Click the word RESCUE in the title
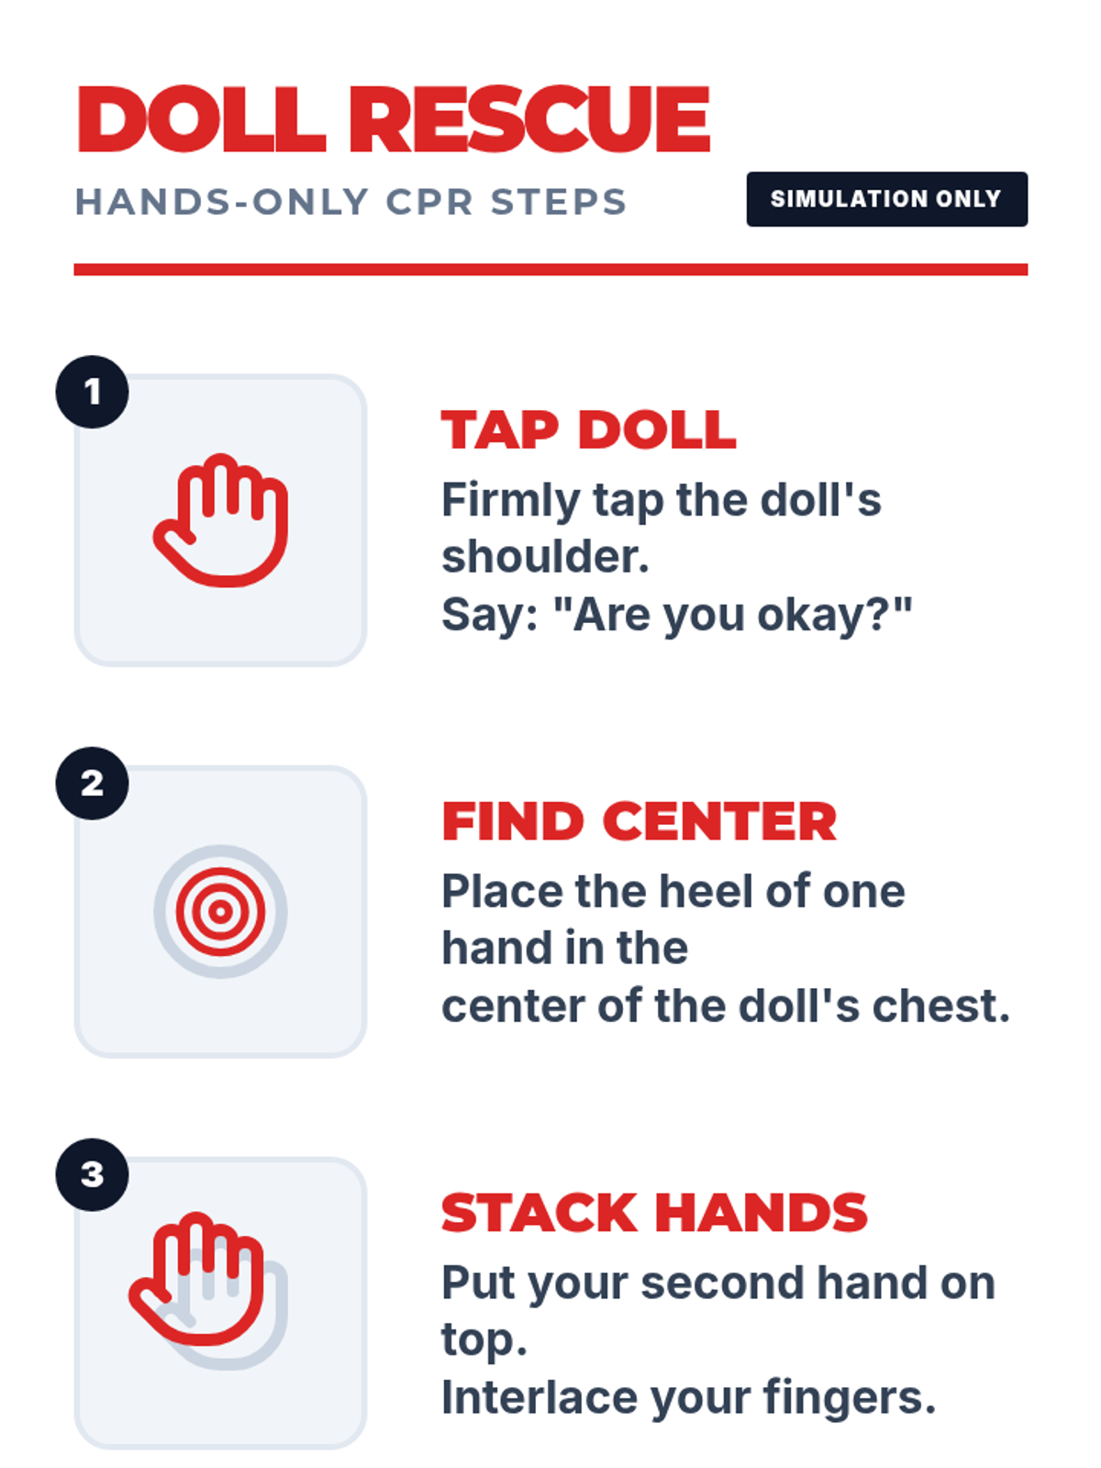pos(529,119)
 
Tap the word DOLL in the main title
pos(202,119)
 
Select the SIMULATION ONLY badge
pos(886,199)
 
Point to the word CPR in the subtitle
pos(429,202)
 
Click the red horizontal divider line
pos(550,270)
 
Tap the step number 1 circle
pos(93,392)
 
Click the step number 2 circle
pos(93,784)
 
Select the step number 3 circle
pos(93,1174)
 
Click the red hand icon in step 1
pos(221,521)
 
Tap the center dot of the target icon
pos(220,912)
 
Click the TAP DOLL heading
pos(589,429)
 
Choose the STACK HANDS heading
pos(654,1212)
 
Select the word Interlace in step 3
pos(539,1397)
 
